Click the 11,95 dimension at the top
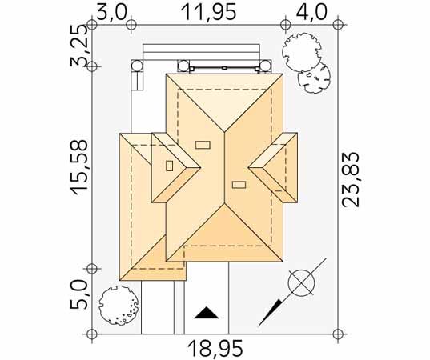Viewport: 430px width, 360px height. (209, 12)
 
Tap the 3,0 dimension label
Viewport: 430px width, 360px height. (112, 12)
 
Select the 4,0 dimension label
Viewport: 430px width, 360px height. (311, 12)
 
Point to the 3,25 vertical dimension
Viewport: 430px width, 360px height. (79, 46)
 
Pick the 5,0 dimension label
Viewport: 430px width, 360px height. (79, 294)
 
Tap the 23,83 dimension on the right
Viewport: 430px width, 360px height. (350, 180)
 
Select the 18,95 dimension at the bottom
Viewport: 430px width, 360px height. (215, 349)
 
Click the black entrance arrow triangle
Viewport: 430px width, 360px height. (207, 313)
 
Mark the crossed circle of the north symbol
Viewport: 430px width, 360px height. (301, 283)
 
